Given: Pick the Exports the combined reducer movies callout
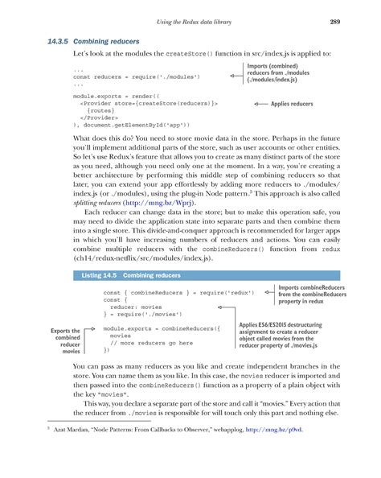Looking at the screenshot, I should coord(65,340).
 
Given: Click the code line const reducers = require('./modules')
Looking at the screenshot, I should coord(133,76).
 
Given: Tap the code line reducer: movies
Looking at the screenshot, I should coord(137,307).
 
